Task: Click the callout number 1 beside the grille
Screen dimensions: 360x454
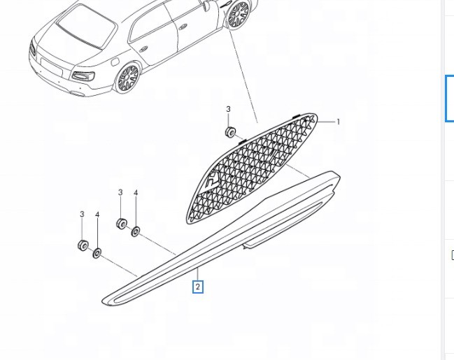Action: (x=339, y=122)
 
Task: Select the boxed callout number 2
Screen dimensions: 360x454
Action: (x=198, y=287)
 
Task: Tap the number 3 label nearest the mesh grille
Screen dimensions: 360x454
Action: (x=228, y=109)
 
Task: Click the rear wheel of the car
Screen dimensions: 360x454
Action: (x=128, y=78)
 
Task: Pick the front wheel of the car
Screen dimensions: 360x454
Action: (x=239, y=15)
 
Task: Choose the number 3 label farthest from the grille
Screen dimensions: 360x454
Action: (x=82, y=214)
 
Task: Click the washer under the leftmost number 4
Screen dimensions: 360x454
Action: (x=97, y=252)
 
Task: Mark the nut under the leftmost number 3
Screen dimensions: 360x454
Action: (x=82, y=245)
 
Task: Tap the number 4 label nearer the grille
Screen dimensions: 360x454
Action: (x=136, y=193)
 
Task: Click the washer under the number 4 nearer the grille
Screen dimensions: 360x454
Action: (x=136, y=230)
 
